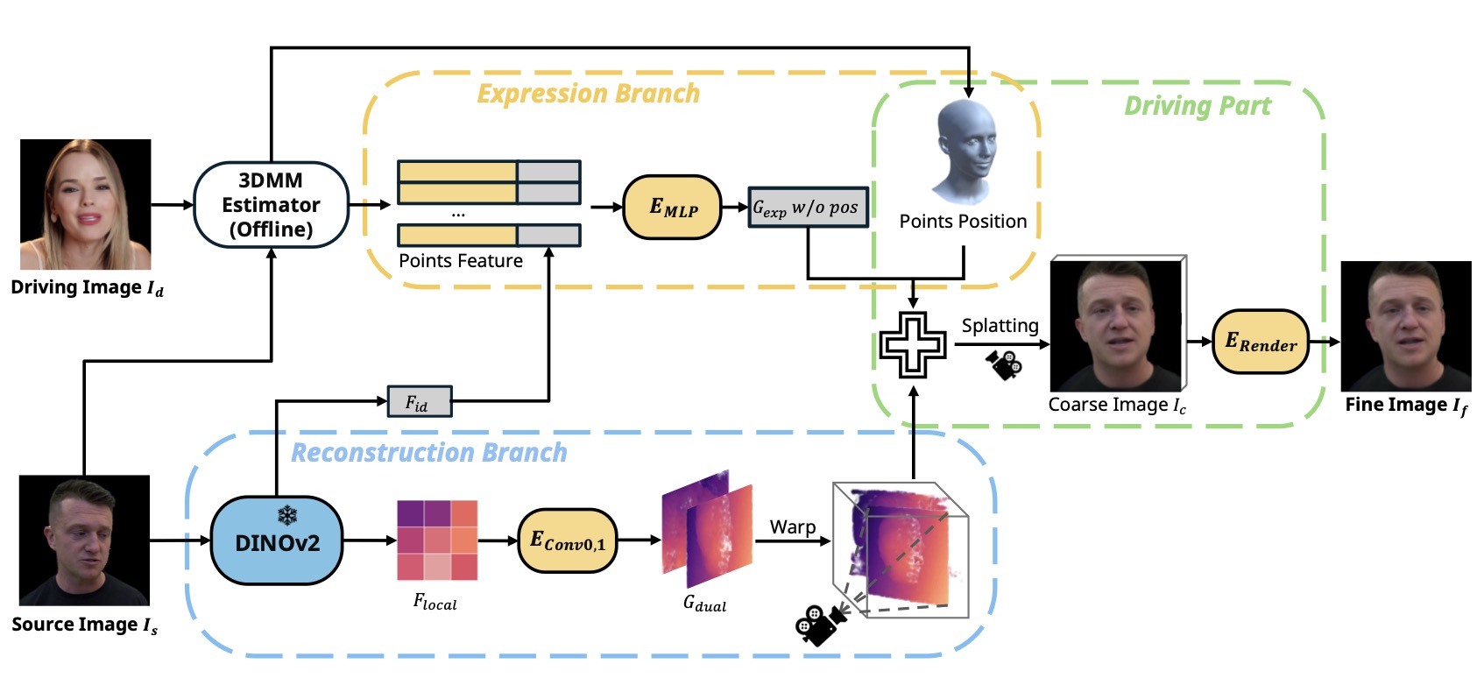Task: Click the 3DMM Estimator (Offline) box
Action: [271, 205]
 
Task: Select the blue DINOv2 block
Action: [277, 541]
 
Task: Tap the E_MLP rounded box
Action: [672, 208]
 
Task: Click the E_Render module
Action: [1260, 342]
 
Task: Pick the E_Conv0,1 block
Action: [568, 541]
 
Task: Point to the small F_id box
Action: [420, 401]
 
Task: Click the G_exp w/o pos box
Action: [808, 208]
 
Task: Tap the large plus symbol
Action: [913, 344]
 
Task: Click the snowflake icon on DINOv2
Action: [287, 515]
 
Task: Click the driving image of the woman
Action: [86, 204]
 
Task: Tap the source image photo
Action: [84, 540]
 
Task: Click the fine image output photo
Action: [1406, 326]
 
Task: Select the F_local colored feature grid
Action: [437, 540]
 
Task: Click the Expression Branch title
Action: [588, 94]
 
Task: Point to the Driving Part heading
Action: [1197, 106]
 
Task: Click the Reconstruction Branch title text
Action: [428, 453]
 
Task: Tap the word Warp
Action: [792, 526]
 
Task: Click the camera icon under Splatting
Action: [1004, 364]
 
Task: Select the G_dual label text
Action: [704, 604]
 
